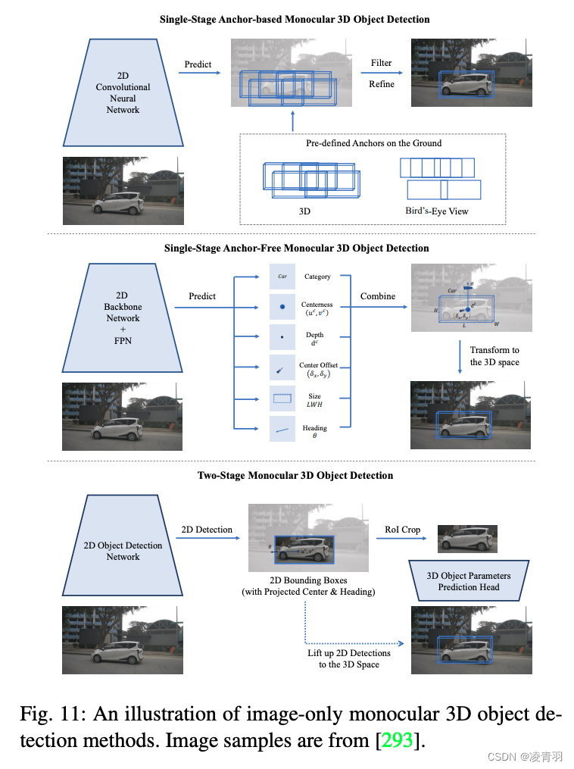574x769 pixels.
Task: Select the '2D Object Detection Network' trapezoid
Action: [123, 551]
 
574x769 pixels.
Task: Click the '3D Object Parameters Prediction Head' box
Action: [468, 581]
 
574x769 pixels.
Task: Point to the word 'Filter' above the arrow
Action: [382, 64]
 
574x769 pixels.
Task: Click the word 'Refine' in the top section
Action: [382, 84]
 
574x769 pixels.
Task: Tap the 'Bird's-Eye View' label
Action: [437, 211]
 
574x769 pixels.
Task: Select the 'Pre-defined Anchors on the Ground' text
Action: [373, 142]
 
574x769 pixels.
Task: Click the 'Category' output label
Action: [317, 277]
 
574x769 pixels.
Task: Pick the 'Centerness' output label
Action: [317, 305]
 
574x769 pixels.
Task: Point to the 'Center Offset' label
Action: [318, 365]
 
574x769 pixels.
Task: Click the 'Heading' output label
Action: [315, 428]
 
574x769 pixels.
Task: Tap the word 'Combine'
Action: [378, 296]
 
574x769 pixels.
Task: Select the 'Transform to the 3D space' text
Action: [494, 356]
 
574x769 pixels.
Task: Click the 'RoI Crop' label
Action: [402, 530]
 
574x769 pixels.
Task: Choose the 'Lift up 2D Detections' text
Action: [349, 653]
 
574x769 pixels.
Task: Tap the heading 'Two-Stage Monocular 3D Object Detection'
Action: [295, 476]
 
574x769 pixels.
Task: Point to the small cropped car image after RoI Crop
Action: [468, 538]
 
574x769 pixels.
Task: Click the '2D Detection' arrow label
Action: [207, 530]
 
